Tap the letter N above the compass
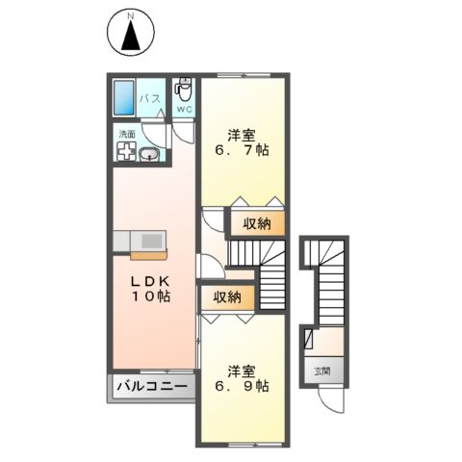click(x=131, y=14)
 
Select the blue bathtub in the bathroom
click(x=121, y=99)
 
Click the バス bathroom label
click(x=149, y=99)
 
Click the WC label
click(x=186, y=110)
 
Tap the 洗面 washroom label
click(x=127, y=135)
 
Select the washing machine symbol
click(x=125, y=152)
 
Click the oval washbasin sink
click(x=150, y=156)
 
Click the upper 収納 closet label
click(x=256, y=223)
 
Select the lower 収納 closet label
click(x=227, y=298)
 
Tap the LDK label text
click(x=150, y=280)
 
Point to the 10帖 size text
click(x=152, y=297)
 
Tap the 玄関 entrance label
click(x=321, y=370)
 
